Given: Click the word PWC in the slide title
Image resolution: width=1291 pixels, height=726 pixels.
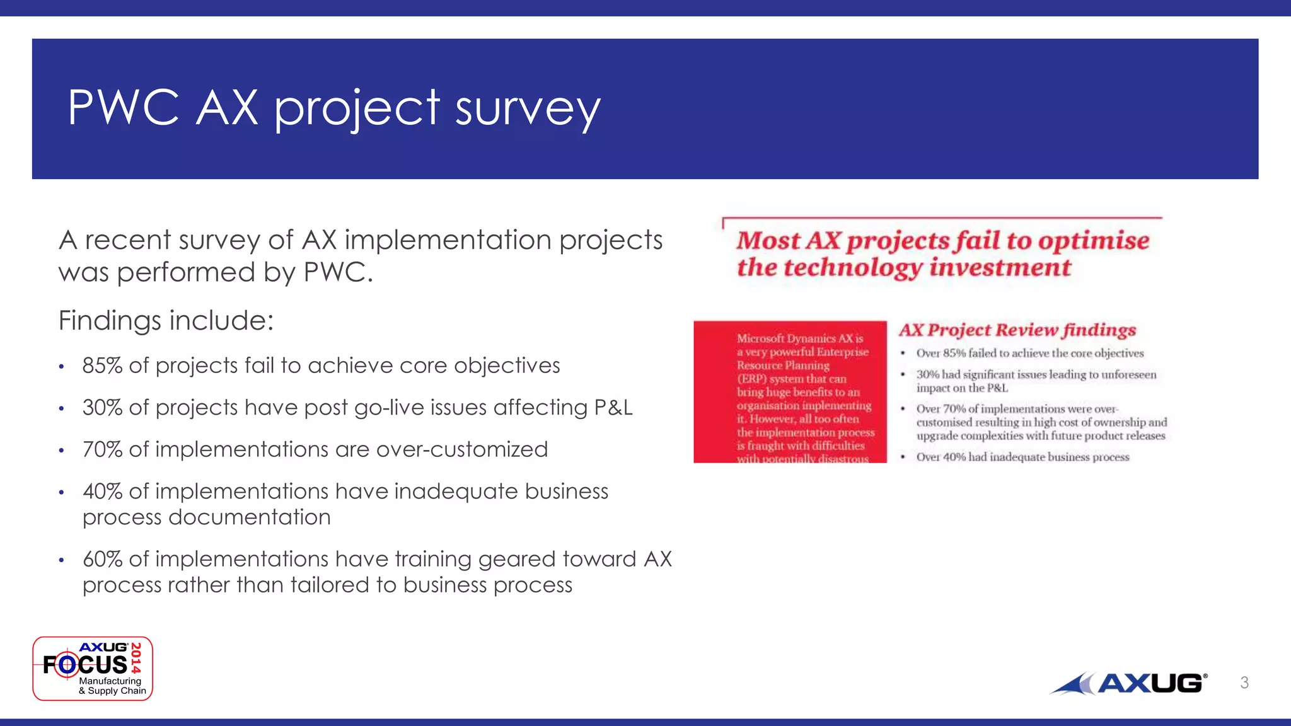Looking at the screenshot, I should pos(124,108).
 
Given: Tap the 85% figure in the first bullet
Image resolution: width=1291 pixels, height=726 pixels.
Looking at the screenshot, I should pos(102,366).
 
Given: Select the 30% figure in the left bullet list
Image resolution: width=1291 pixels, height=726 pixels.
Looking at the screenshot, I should pos(102,408).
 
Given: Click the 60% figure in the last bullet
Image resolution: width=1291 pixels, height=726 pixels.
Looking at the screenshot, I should pos(102,559).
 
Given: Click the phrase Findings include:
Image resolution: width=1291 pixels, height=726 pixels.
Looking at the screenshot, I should pos(166,320).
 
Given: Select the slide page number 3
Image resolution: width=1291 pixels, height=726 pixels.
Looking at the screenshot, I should pos(1244,683).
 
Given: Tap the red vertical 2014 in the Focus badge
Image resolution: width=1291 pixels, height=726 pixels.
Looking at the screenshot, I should pos(136,657).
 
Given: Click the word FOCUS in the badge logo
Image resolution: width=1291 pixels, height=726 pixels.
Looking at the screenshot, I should pos(85,665).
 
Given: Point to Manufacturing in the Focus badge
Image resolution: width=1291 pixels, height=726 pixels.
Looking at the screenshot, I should pos(110,681).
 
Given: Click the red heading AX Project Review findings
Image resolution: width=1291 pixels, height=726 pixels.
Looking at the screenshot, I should pos(1017,330).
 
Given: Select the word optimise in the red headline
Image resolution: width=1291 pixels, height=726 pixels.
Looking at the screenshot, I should pos(1094,241).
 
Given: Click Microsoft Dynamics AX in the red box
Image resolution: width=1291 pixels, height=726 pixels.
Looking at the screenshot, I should pos(799,338).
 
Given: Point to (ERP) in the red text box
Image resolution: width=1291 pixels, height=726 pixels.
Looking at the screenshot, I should pos(751,379).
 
